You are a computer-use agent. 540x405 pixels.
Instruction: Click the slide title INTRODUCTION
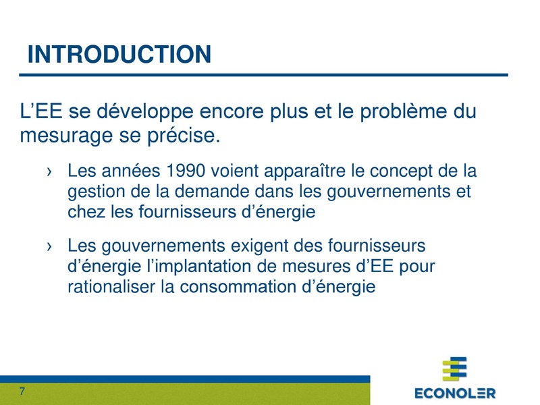119,54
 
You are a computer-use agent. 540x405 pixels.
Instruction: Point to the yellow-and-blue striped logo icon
454,369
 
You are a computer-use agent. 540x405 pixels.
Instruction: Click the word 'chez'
85,213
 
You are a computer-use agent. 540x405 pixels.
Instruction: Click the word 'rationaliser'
105,288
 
